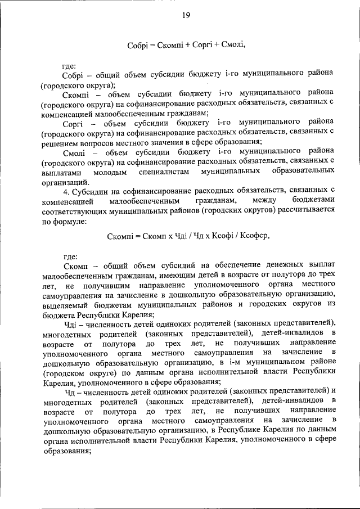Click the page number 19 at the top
point(186,15)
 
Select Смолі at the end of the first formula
point(233,44)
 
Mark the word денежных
point(269,264)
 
